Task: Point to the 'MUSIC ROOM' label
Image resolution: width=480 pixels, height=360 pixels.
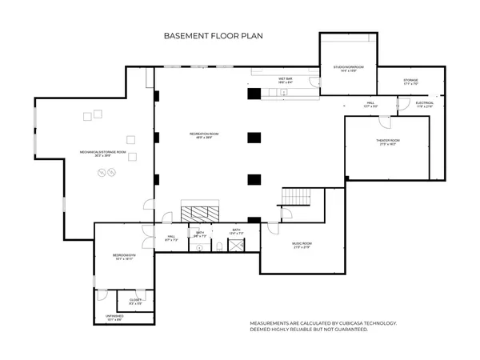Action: pyautogui.click(x=301, y=245)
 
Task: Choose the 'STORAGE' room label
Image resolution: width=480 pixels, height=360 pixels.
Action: pyautogui.click(x=410, y=81)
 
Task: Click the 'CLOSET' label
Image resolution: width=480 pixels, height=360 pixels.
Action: pyautogui.click(x=135, y=301)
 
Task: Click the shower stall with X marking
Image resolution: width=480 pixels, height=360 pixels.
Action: pyautogui.click(x=237, y=246)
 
